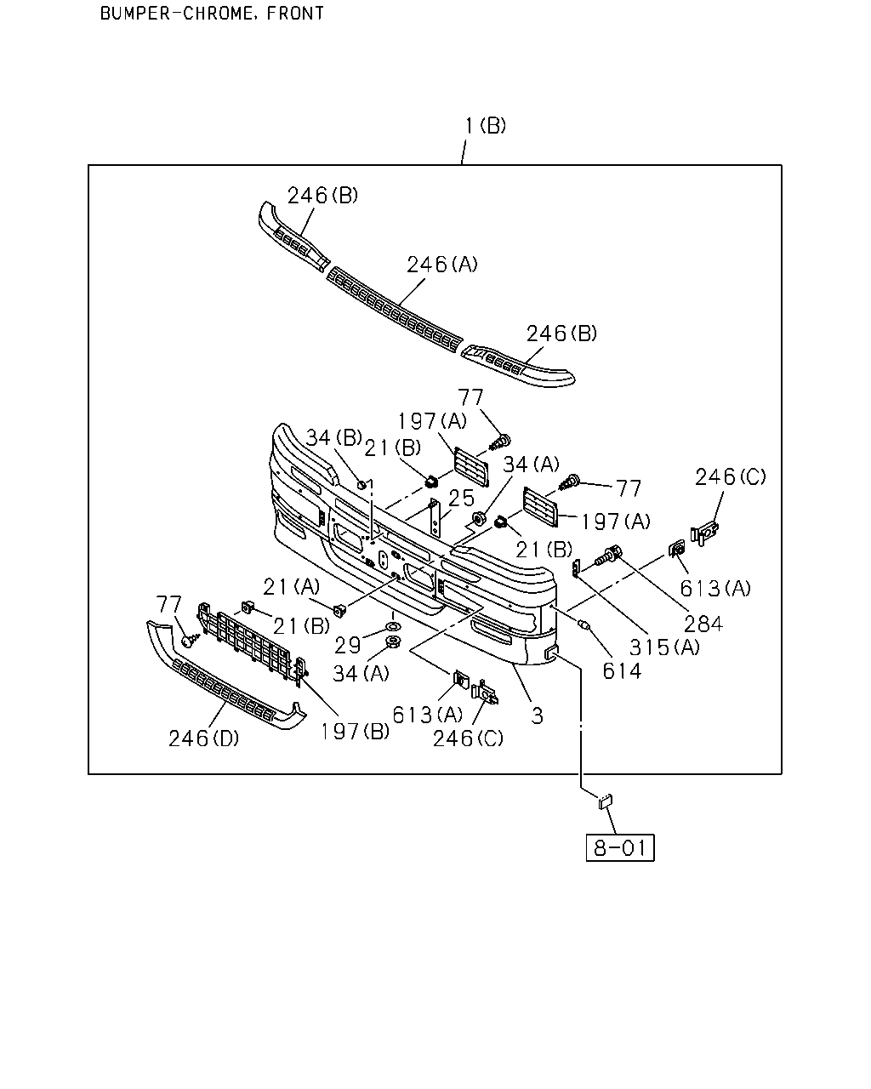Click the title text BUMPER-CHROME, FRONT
pos(212,13)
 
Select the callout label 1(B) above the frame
pos(486,126)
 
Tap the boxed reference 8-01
pos(620,847)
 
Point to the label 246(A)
pos(442,264)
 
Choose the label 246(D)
pos(203,738)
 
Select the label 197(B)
pos(355,731)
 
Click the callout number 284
pos(703,624)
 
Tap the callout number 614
pos(622,671)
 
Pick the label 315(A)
pos(664,647)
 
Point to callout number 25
pos(461,499)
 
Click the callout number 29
pos(348,645)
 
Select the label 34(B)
pos(334,437)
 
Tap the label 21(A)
pos(292,587)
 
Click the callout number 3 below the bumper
pos(537,716)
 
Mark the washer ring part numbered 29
pos(393,628)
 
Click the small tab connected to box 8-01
pos(606,801)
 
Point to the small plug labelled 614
pos(584,625)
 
